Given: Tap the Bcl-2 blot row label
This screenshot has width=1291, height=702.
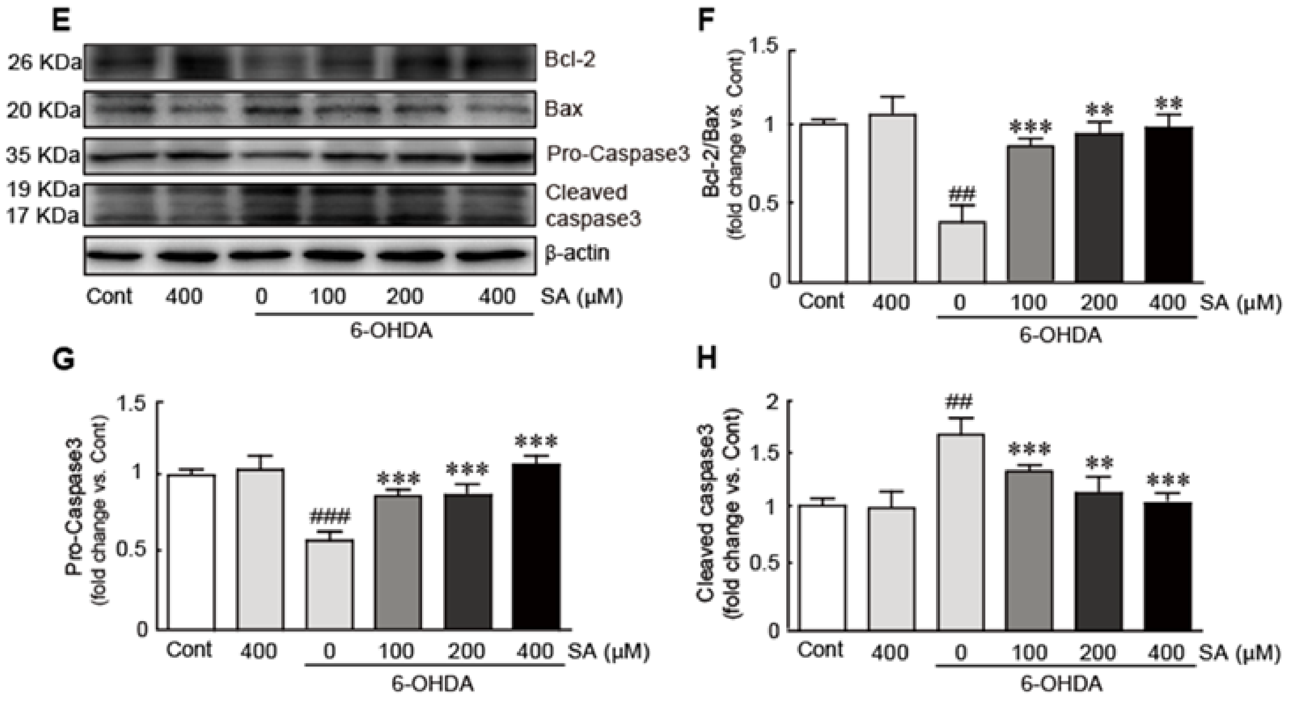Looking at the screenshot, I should (570, 61).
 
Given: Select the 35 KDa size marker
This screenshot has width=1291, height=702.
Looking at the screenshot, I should (43, 155).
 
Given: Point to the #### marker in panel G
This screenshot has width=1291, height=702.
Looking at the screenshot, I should (330, 516).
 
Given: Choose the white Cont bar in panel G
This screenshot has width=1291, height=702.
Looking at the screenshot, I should (191, 551).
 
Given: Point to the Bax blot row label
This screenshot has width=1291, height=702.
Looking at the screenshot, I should (564, 108).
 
